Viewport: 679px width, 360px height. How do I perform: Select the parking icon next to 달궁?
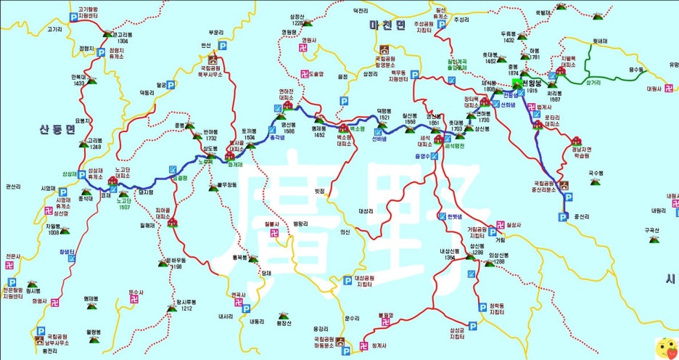point(171,85)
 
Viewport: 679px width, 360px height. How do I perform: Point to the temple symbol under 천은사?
point(10,266)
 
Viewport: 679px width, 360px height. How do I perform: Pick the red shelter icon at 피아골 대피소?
point(173,222)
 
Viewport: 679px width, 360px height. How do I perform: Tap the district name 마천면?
point(385,25)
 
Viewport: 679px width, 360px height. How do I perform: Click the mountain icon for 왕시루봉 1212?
point(172,308)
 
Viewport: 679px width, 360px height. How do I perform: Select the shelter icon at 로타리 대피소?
point(538,125)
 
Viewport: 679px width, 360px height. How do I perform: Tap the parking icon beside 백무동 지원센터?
point(414,74)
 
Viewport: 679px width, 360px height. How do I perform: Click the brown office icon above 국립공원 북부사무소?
point(213,59)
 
